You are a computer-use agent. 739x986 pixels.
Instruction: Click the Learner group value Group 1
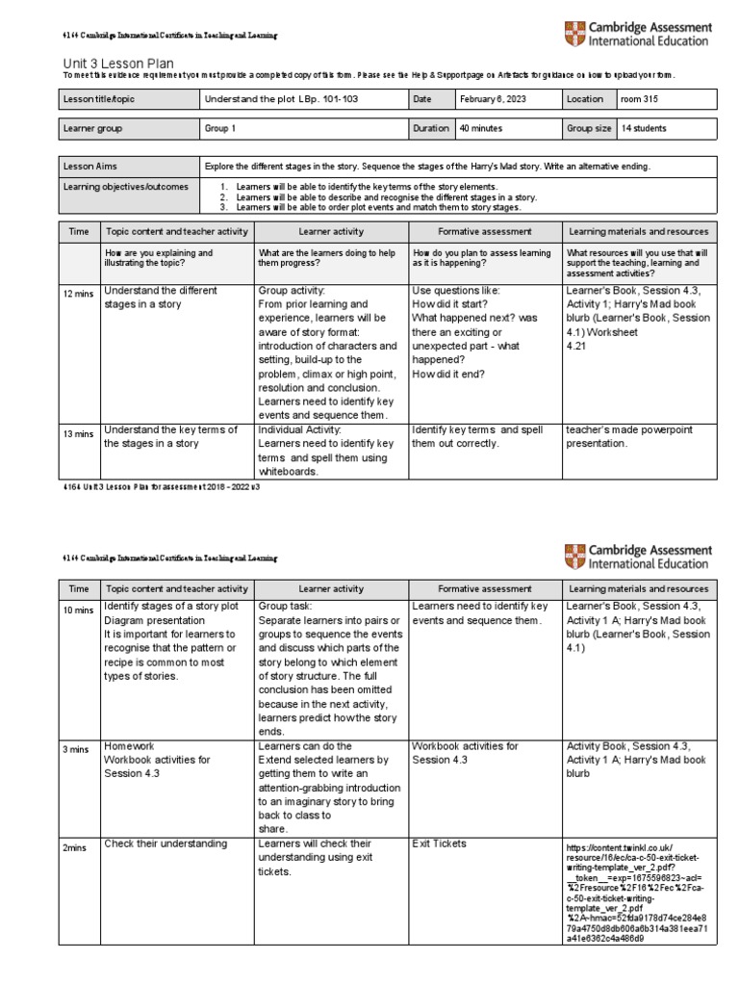click(220, 128)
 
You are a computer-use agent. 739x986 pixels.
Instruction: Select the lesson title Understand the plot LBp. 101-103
click(277, 98)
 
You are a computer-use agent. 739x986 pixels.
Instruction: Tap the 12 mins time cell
click(78, 293)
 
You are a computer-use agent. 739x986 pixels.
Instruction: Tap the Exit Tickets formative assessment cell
click(439, 843)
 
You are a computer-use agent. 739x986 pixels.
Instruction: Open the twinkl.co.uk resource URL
click(637, 891)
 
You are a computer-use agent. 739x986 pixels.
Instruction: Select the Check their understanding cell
click(166, 843)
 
